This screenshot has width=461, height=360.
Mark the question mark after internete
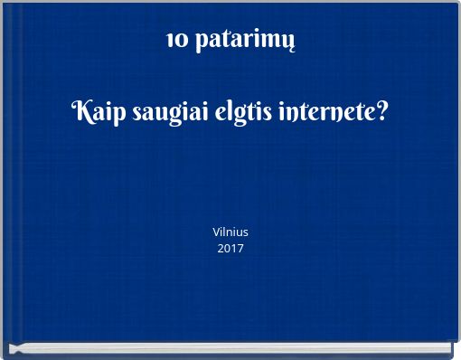[x=382, y=113]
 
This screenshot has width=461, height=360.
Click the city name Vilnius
[x=230, y=232]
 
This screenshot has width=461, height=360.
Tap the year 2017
[x=230, y=248]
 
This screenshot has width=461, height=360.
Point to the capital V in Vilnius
[x=216, y=232]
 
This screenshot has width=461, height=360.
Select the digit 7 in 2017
[x=240, y=248]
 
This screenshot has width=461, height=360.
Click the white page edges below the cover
[x=230, y=348]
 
